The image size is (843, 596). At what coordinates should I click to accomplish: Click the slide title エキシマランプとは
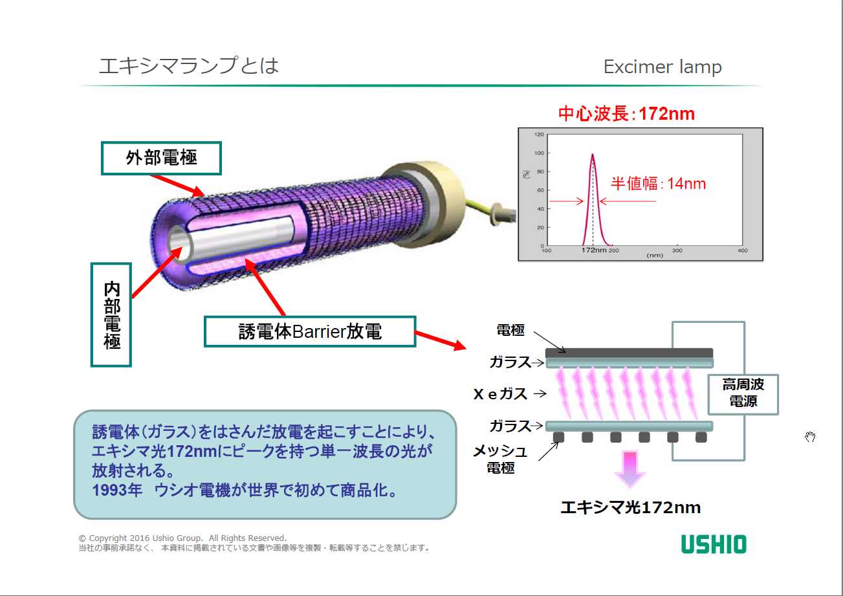click(188, 65)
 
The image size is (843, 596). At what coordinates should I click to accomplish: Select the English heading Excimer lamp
click(662, 67)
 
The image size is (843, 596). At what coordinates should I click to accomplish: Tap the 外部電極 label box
click(161, 158)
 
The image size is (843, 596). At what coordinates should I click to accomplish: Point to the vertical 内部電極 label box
click(111, 315)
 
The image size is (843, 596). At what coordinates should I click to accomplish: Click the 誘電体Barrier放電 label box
click(310, 331)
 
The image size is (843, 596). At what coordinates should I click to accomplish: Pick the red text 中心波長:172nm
click(626, 114)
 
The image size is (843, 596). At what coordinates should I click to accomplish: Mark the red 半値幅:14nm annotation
click(658, 183)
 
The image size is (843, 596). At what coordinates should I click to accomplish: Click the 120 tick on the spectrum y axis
click(539, 135)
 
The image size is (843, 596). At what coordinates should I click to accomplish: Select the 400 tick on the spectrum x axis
click(743, 250)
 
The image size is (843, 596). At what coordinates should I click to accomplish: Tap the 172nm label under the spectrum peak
click(594, 250)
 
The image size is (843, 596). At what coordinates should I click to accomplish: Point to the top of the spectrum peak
click(593, 154)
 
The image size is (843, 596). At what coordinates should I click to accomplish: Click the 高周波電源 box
click(743, 394)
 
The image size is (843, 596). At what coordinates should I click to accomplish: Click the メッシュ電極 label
click(501, 459)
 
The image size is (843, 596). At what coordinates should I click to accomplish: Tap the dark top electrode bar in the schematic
click(629, 353)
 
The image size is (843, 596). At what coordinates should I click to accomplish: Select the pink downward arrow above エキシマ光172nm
click(630, 469)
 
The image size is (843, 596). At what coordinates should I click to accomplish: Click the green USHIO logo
click(714, 544)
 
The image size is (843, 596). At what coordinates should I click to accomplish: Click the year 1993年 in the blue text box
click(117, 491)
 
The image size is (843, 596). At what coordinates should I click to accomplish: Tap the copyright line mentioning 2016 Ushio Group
click(182, 538)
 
